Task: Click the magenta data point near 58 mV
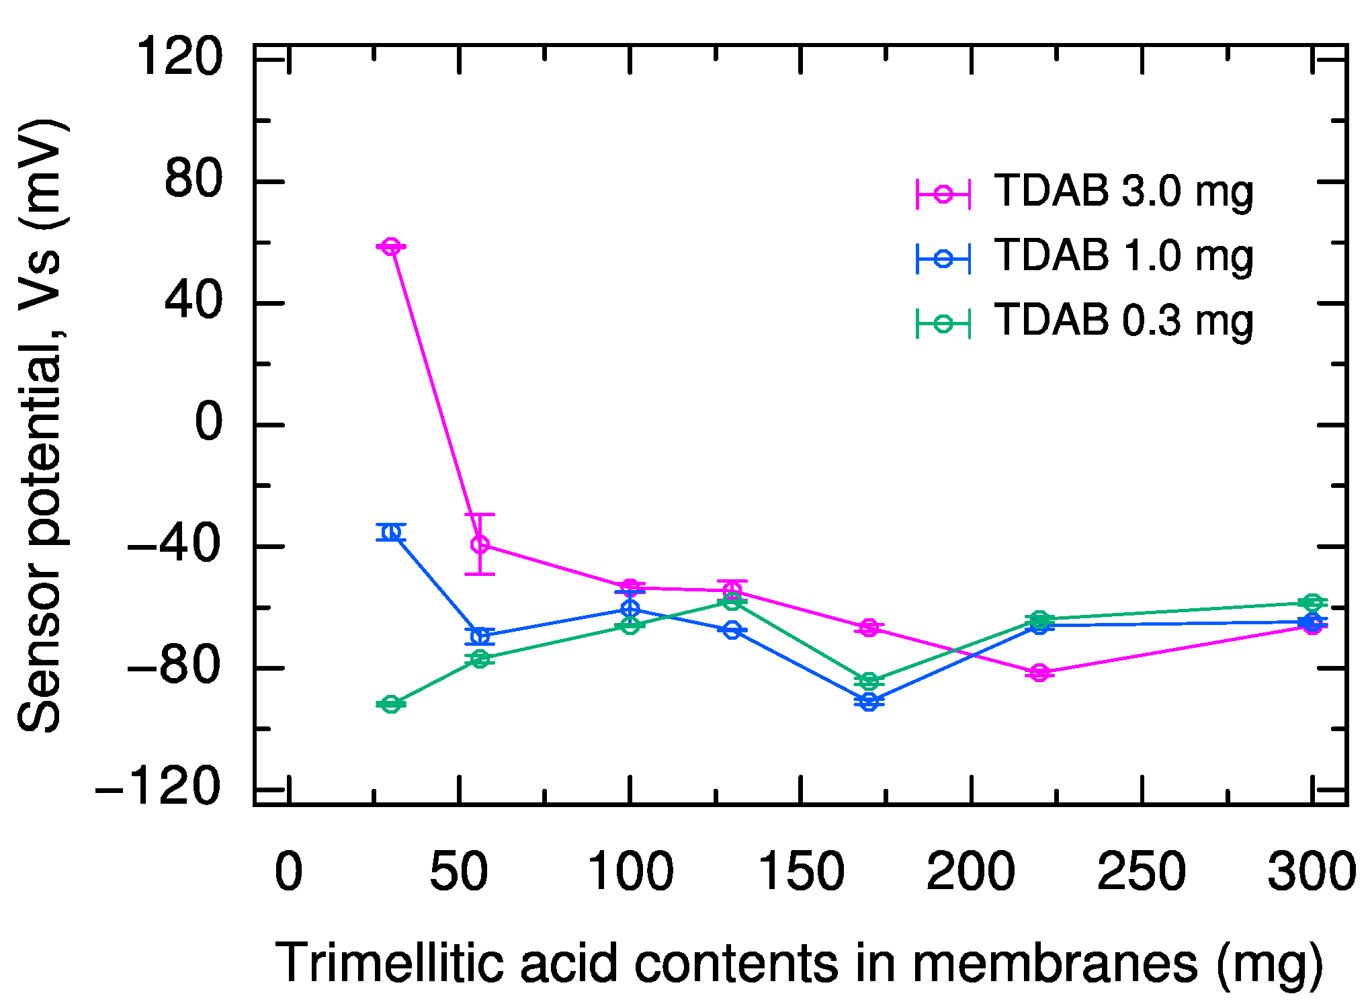pyautogui.click(x=391, y=247)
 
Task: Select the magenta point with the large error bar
pyautogui.click(x=480, y=544)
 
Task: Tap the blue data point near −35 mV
pyautogui.click(x=391, y=532)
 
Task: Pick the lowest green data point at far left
pyautogui.click(x=391, y=704)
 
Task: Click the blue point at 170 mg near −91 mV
pyautogui.click(x=869, y=702)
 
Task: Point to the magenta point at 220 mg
pyautogui.click(x=1039, y=672)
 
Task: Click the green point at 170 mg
pyautogui.click(x=869, y=681)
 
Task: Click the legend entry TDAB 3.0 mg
pyautogui.click(x=1123, y=192)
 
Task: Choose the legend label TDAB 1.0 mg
pyautogui.click(x=1123, y=256)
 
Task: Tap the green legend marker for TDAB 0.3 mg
pyautogui.click(x=943, y=323)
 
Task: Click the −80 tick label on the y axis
pyautogui.click(x=173, y=667)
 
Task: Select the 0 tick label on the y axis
pyautogui.click(x=208, y=423)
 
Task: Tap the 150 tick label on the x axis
pyautogui.click(x=800, y=872)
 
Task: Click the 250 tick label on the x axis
pyautogui.click(x=1142, y=872)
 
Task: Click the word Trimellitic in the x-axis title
pyautogui.click(x=389, y=963)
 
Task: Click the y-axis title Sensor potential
pyautogui.click(x=40, y=538)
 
